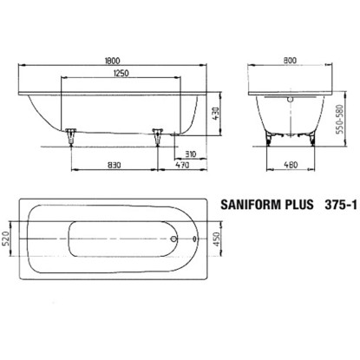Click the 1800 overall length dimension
112,61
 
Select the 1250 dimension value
121,73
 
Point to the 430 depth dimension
216,115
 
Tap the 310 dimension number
190,154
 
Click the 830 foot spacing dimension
114,165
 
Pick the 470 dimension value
182,165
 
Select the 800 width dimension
290,60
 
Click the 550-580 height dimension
340,119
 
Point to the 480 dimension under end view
291,165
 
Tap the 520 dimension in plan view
6,239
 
